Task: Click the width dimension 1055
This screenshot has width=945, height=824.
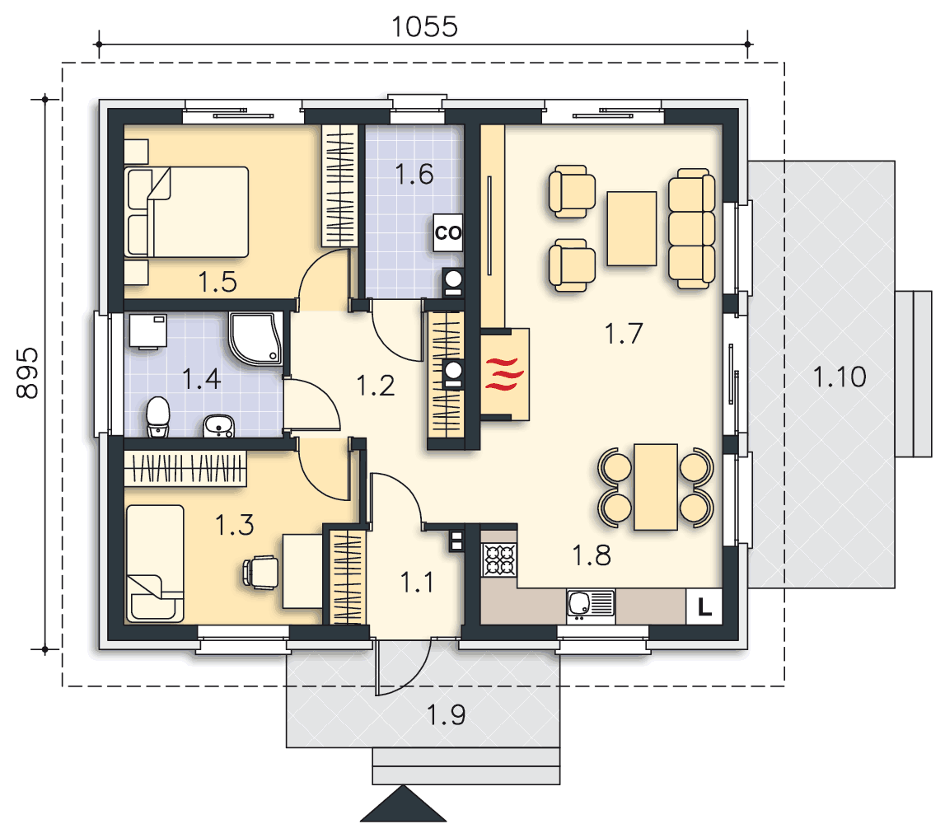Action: (x=424, y=27)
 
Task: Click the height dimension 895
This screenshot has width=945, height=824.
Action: (x=27, y=373)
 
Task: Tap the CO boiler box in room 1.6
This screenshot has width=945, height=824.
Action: (x=448, y=232)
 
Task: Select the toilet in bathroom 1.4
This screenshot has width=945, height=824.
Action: (x=158, y=416)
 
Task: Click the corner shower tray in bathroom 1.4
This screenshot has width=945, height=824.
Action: (x=255, y=338)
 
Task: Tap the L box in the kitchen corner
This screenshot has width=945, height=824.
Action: (x=704, y=606)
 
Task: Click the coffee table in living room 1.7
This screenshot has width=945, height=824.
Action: (x=632, y=228)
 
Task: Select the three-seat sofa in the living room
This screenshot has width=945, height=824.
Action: (x=692, y=228)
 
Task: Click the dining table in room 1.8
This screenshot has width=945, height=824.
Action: (x=656, y=487)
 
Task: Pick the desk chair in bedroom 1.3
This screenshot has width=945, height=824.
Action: (x=260, y=572)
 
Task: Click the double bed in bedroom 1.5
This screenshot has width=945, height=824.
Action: (x=187, y=212)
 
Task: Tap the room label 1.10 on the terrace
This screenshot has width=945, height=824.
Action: (x=840, y=377)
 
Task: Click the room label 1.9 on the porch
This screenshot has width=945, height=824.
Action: (x=446, y=715)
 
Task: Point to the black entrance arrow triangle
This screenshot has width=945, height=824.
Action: (x=403, y=804)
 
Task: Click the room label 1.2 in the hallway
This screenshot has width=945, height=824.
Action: (x=376, y=386)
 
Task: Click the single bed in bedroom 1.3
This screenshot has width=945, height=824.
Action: (x=155, y=564)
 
